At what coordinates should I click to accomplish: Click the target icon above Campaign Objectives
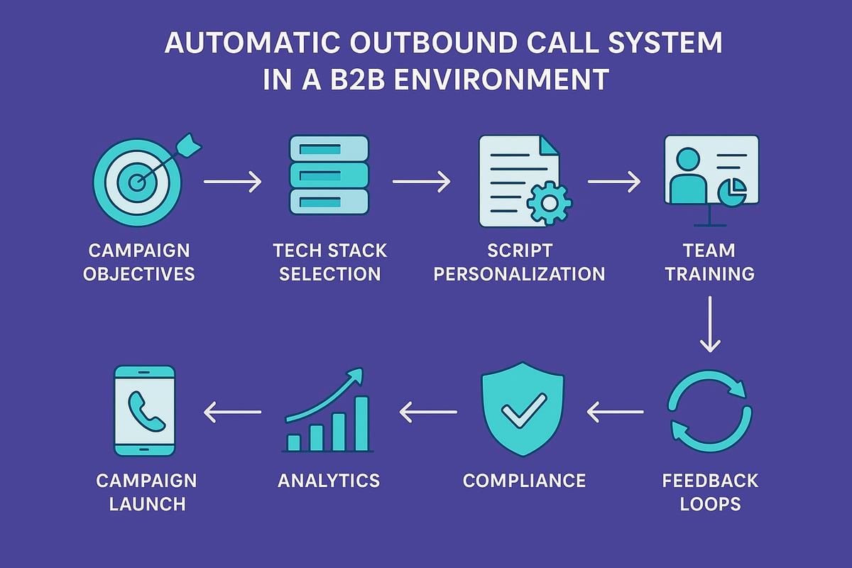tap(137, 182)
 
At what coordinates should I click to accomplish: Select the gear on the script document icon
tap(549, 203)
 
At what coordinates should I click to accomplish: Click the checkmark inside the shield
tap(523, 410)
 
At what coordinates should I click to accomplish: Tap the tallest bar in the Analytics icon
tap(361, 423)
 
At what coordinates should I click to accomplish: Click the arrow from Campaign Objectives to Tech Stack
tap(233, 182)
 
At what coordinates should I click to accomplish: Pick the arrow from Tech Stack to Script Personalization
tap(422, 182)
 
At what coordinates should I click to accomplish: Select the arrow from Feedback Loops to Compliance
tap(615, 411)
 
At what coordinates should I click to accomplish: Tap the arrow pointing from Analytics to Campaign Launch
tap(233, 411)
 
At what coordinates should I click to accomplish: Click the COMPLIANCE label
tap(524, 480)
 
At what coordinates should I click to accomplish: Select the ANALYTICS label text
tap(329, 480)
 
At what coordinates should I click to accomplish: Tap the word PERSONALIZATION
tap(520, 274)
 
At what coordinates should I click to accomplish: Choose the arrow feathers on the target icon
tap(190, 146)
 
